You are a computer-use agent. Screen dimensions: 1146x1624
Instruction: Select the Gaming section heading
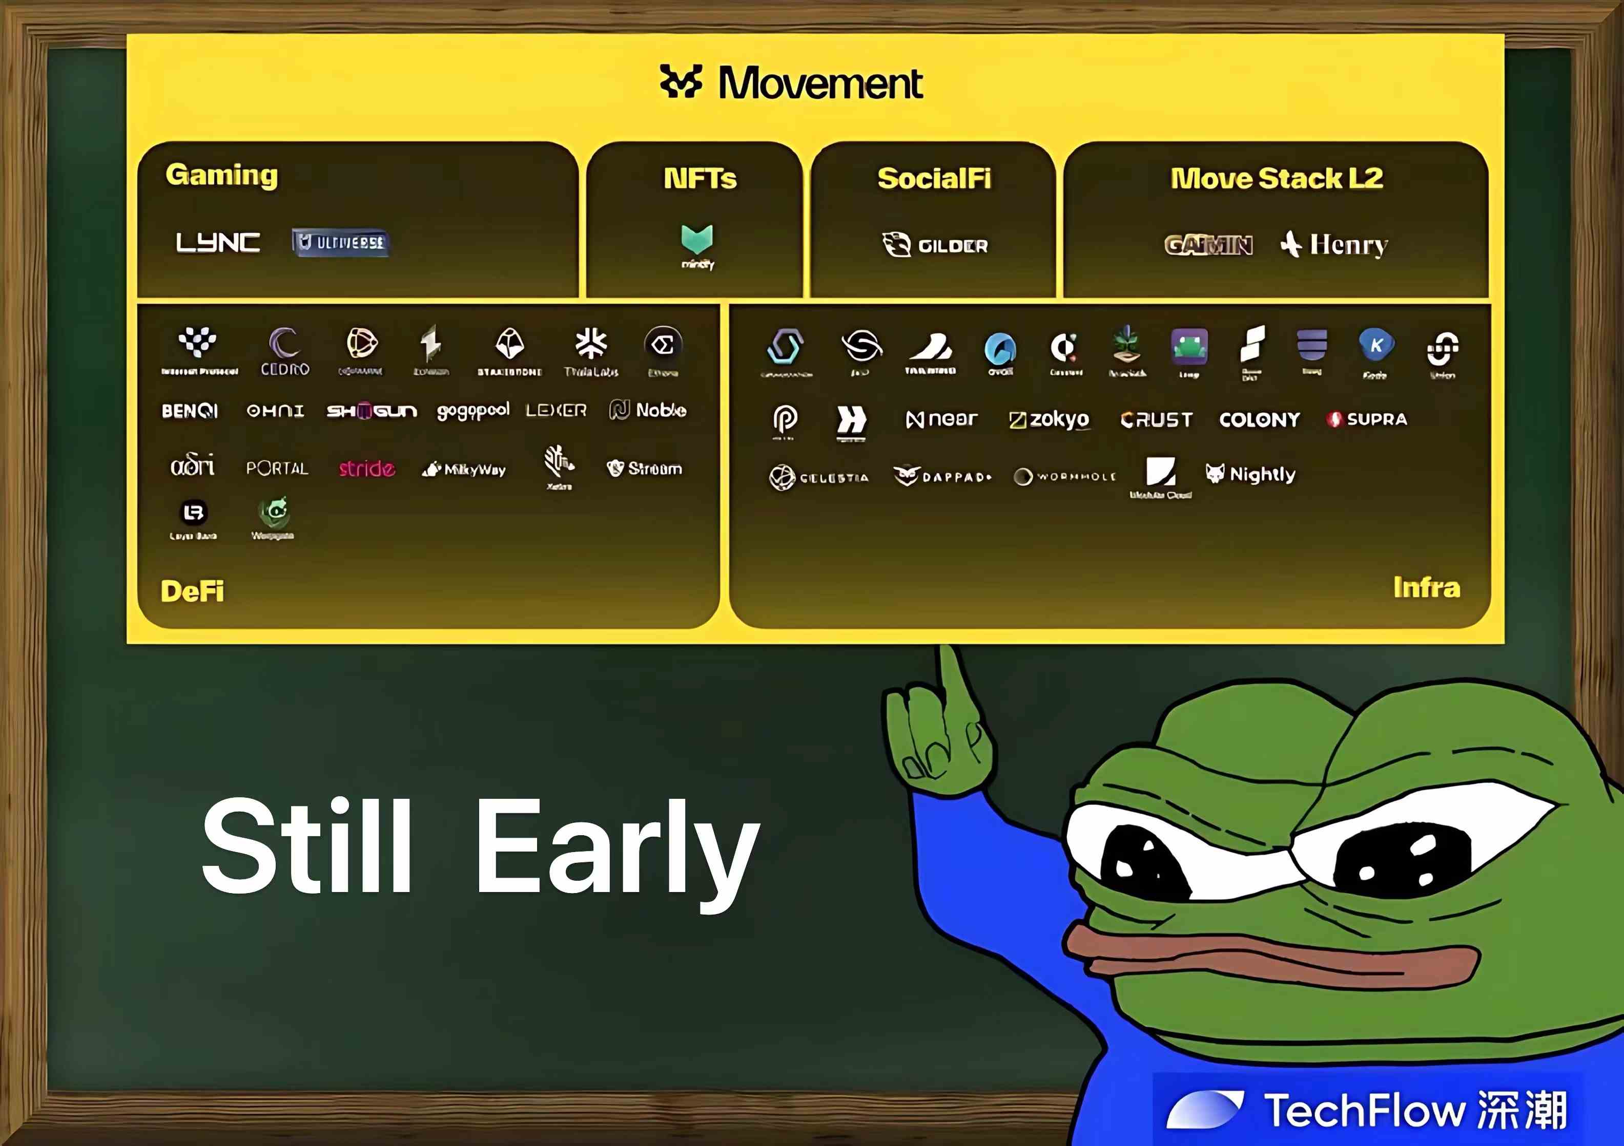(221, 175)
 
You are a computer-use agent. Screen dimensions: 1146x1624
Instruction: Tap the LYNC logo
(217, 243)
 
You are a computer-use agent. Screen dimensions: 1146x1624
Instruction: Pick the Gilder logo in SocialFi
(935, 245)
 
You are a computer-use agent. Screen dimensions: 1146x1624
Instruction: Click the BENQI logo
(190, 411)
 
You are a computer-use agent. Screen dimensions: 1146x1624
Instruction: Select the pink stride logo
(366, 468)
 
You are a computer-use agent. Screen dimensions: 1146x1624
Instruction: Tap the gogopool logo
(472, 411)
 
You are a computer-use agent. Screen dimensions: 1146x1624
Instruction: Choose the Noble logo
(648, 410)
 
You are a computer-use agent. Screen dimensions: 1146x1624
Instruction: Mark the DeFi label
(192, 591)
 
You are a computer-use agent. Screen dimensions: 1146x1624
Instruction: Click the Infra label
(1426, 587)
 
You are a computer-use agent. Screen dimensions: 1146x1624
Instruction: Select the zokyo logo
(1049, 419)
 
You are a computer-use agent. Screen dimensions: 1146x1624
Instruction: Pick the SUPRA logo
(1367, 419)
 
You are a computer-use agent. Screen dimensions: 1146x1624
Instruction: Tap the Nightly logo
(1250, 474)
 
